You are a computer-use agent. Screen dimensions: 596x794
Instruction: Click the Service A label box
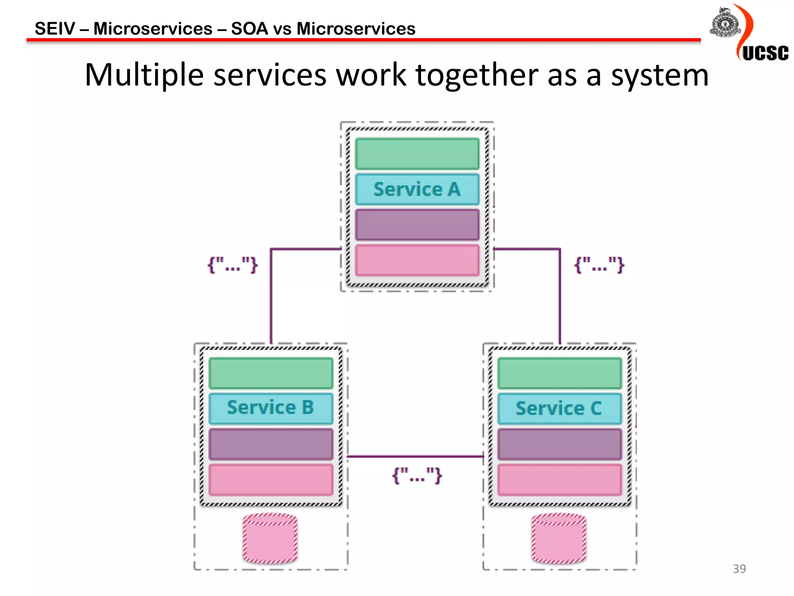pos(417,189)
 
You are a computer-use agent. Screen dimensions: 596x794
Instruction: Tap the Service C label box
pos(559,409)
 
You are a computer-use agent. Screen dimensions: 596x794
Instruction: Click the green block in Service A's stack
pos(417,154)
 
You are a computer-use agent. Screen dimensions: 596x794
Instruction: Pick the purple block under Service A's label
pos(417,225)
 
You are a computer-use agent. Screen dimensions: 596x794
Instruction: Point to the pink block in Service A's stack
pos(417,260)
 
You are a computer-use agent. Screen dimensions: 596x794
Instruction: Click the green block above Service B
pos(271,373)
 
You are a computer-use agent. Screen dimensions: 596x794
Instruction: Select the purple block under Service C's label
pos(559,444)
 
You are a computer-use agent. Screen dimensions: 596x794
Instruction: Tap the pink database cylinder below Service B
pos(270,539)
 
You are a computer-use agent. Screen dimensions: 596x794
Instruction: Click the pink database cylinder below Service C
pos(559,539)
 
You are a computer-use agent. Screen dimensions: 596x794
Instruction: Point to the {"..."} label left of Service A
pos(233,265)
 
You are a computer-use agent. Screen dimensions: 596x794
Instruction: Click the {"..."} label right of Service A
pos(599,265)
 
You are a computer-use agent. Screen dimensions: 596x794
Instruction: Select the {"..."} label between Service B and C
pos(417,475)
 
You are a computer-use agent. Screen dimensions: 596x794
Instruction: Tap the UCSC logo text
pos(765,53)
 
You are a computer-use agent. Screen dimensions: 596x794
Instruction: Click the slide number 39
pos(739,568)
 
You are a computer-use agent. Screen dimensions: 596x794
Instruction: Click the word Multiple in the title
pos(144,75)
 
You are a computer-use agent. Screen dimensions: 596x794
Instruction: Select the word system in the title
pos(660,75)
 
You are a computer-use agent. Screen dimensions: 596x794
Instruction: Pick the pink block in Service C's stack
pos(559,480)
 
